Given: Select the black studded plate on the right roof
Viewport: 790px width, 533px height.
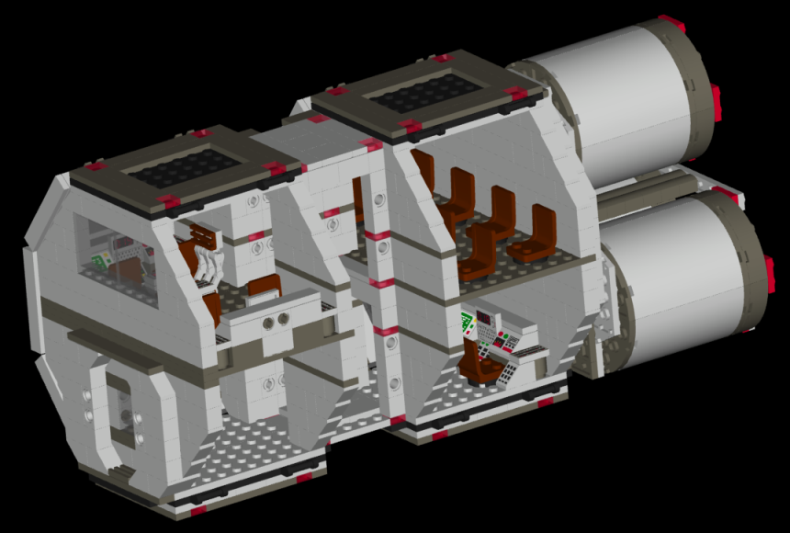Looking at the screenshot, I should [x=432, y=93].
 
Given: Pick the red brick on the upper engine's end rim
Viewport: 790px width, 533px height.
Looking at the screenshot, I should [x=715, y=96].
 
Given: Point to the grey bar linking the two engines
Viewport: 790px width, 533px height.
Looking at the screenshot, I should [x=643, y=184].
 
